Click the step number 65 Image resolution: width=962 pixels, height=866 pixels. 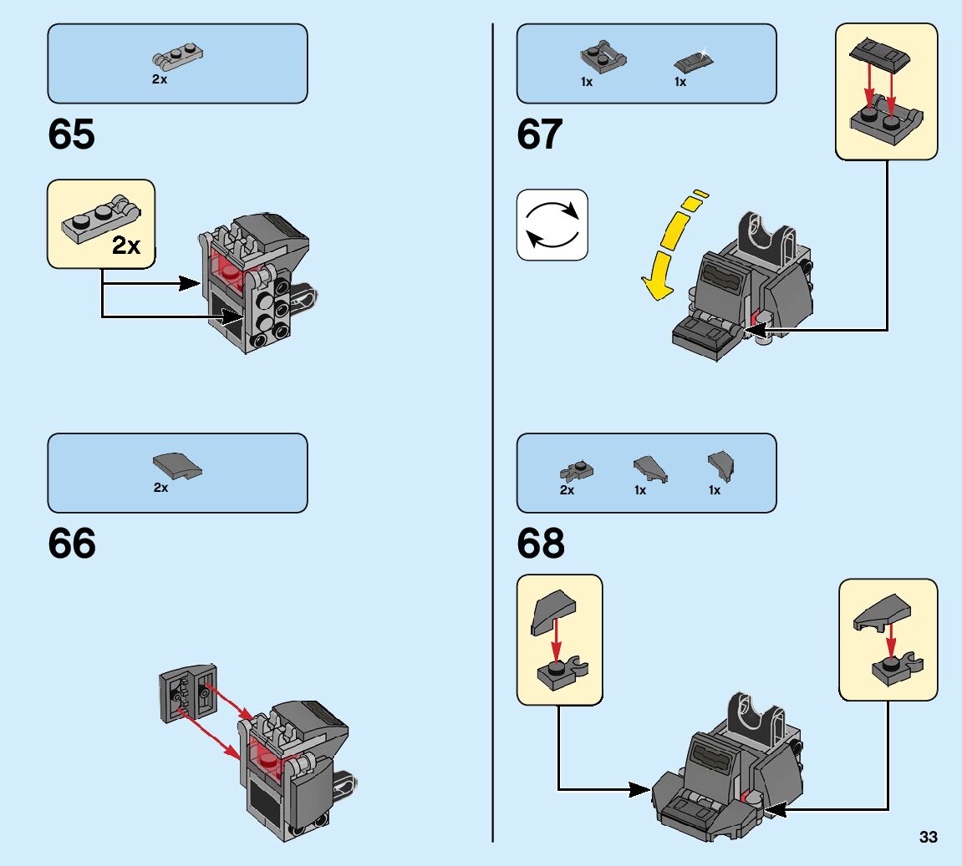(72, 134)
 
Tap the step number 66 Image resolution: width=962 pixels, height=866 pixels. (72, 544)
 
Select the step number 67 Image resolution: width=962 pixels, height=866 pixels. (540, 134)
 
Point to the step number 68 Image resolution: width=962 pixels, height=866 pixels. (541, 544)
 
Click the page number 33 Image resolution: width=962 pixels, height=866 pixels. (928, 837)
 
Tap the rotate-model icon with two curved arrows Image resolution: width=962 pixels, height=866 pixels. (552, 225)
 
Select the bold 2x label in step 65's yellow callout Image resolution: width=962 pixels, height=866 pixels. (126, 246)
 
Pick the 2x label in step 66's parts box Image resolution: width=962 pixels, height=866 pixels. (161, 488)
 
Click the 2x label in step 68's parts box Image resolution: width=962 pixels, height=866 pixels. (567, 490)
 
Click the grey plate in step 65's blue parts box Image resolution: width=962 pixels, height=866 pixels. (178, 56)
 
